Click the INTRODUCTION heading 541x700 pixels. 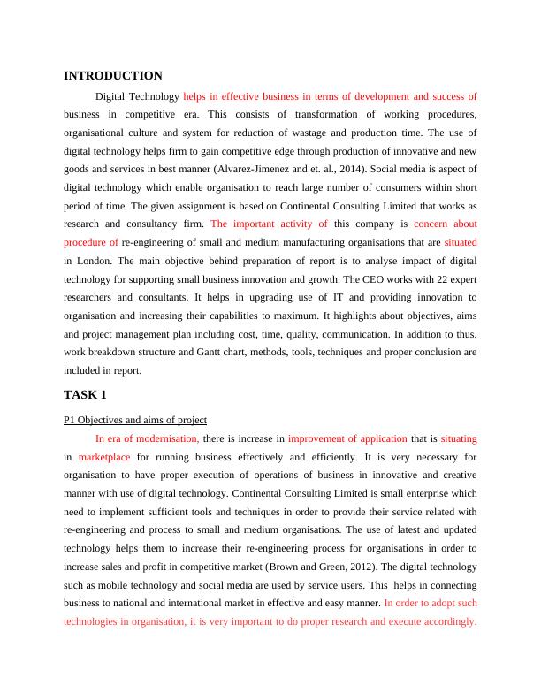113,76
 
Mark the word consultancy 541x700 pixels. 146,224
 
